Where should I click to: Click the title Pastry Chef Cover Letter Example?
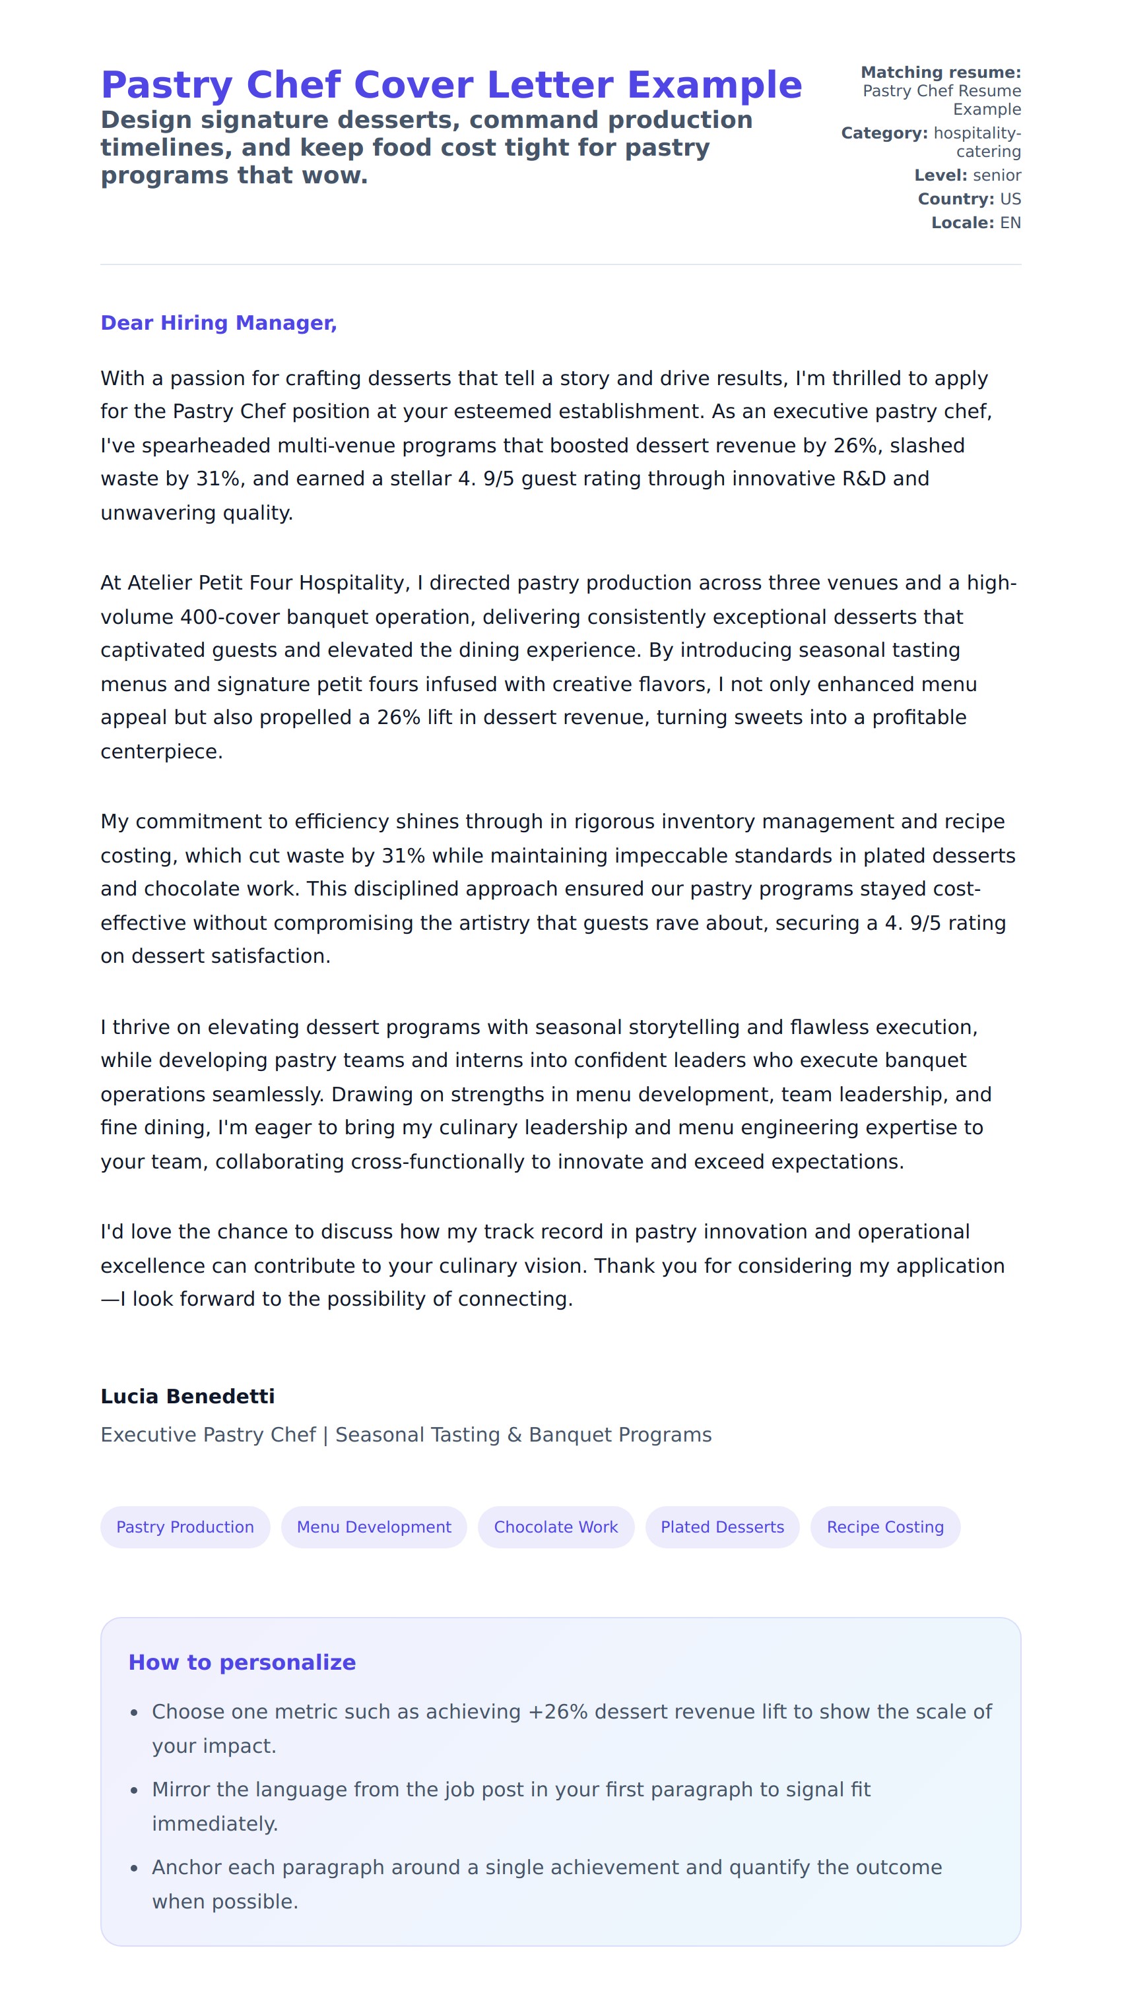(x=451, y=85)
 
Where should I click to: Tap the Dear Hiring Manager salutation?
(x=218, y=323)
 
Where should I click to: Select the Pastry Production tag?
(x=185, y=1527)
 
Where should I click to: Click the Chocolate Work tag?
(x=555, y=1527)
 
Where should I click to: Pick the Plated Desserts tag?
(x=721, y=1527)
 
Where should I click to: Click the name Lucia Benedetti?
(x=187, y=1397)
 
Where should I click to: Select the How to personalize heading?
(x=242, y=1662)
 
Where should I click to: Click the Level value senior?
(x=997, y=175)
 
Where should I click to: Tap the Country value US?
(x=1010, y=199)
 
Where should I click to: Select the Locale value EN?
(x=1010, y=223)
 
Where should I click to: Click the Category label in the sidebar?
(x=884, y=133)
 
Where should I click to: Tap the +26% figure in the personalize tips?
(x=558, y=1712)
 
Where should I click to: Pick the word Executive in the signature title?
(x=148, y=1435)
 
